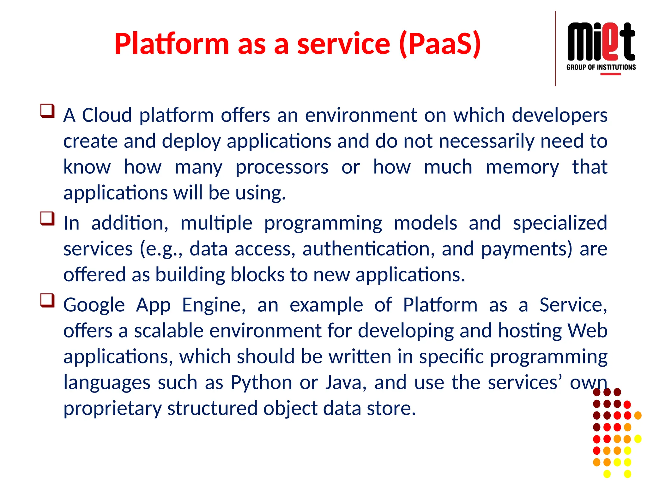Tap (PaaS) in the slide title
tap(440, 44)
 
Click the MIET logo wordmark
tap(601, 42)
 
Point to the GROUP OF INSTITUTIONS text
tap(601, 67)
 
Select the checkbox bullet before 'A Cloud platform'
tap(47, 111)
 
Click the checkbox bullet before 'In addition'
tap(47, 219)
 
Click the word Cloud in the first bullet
tap(107, 115)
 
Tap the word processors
tap(282, 167)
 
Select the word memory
tap(522, 167)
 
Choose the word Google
tap(94, 305)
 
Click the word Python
tap(261, 383)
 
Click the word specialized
tap(560, 223)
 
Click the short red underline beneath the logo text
tap(610, 74)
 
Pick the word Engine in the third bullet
tap(214, 305)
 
